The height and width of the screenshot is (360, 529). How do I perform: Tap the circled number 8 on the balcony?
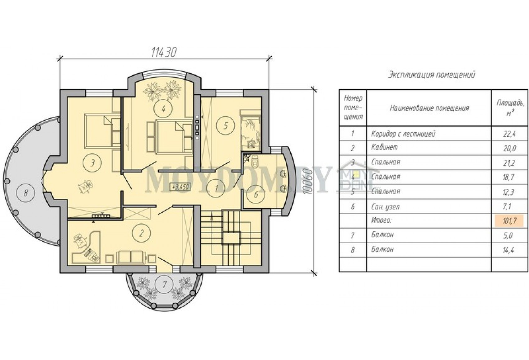[x=26, y=193]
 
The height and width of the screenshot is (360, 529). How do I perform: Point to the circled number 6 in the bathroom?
[x=256, y=195]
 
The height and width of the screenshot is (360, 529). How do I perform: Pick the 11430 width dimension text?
[x=164, y=52]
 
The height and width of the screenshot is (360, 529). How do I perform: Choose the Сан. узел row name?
[x=386, y=207]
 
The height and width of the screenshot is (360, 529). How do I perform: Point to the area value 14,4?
[x=510, y=250]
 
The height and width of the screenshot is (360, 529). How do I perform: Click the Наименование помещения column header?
[x=429, y=108]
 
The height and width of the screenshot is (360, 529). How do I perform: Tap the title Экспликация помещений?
[x=432, y=75]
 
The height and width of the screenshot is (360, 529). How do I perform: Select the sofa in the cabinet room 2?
[x=131, y=257]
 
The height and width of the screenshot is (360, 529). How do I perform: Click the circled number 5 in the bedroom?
[x=226, y=126]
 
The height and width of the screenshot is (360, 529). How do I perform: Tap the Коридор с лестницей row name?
[x=403, y=134]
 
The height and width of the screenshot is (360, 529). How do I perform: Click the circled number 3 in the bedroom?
[x=92, y=163]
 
